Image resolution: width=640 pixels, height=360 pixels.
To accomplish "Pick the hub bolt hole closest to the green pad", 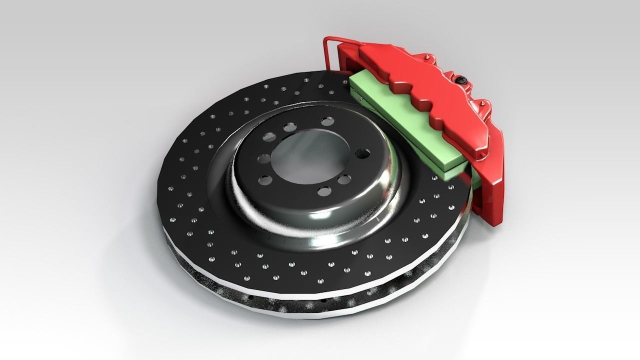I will coord(361,153).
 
